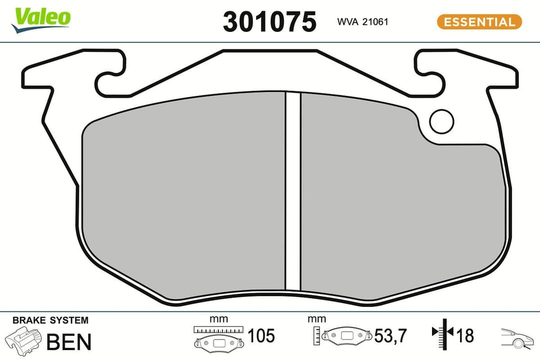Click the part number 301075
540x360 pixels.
coord(269,22)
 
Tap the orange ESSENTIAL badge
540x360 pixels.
coord(479,22)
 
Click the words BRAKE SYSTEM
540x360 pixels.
coord(50,320)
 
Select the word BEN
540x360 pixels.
coord(69,342)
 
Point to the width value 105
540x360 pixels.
coord(261,336)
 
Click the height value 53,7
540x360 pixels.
coord(391,336)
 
